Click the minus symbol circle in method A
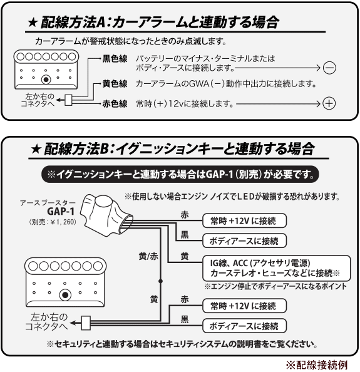(x=329, y=68)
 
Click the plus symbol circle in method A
(x=329, y=103)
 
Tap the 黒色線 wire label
(x=115, y=59)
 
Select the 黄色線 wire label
(x=115, y=84)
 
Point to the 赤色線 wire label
(x=115, y=104)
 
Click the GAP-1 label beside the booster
(x=61, y=211)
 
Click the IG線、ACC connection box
(x=277, y=268)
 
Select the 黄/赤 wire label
(x=148, y=257)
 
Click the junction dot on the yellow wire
(x=160, y=281)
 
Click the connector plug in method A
(x=68, y=100)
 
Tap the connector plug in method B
(x=86, y=323)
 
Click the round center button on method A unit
(x=46, y=80)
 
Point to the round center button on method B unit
(x=65, y=295)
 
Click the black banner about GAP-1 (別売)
(x=180, y=175)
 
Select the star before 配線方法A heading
(x=33, y=23)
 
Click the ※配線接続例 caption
(x=317, y=365)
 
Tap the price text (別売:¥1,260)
(x=53, y=222)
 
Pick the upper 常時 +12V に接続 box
(x=245, y=220)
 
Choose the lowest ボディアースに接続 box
(x=245, y=326)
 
